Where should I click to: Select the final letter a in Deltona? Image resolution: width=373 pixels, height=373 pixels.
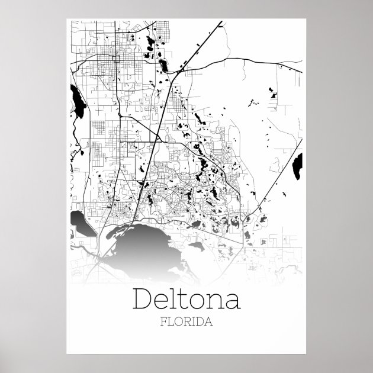(232, 301)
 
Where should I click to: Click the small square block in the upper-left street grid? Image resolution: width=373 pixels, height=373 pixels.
(117, 59)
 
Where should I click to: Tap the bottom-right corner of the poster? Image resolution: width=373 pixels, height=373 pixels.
(307, 354)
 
